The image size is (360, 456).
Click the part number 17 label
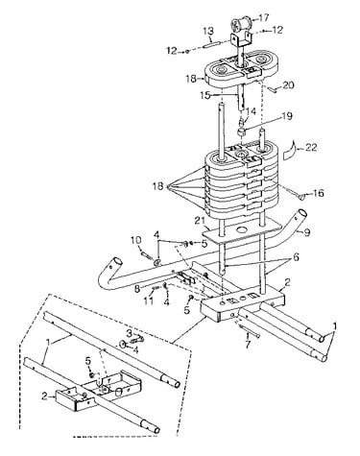264,17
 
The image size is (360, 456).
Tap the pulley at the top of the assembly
242,24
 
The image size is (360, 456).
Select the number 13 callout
208,32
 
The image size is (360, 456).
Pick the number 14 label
252,111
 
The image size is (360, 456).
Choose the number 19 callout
287,116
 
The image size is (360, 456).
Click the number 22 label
311,147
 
